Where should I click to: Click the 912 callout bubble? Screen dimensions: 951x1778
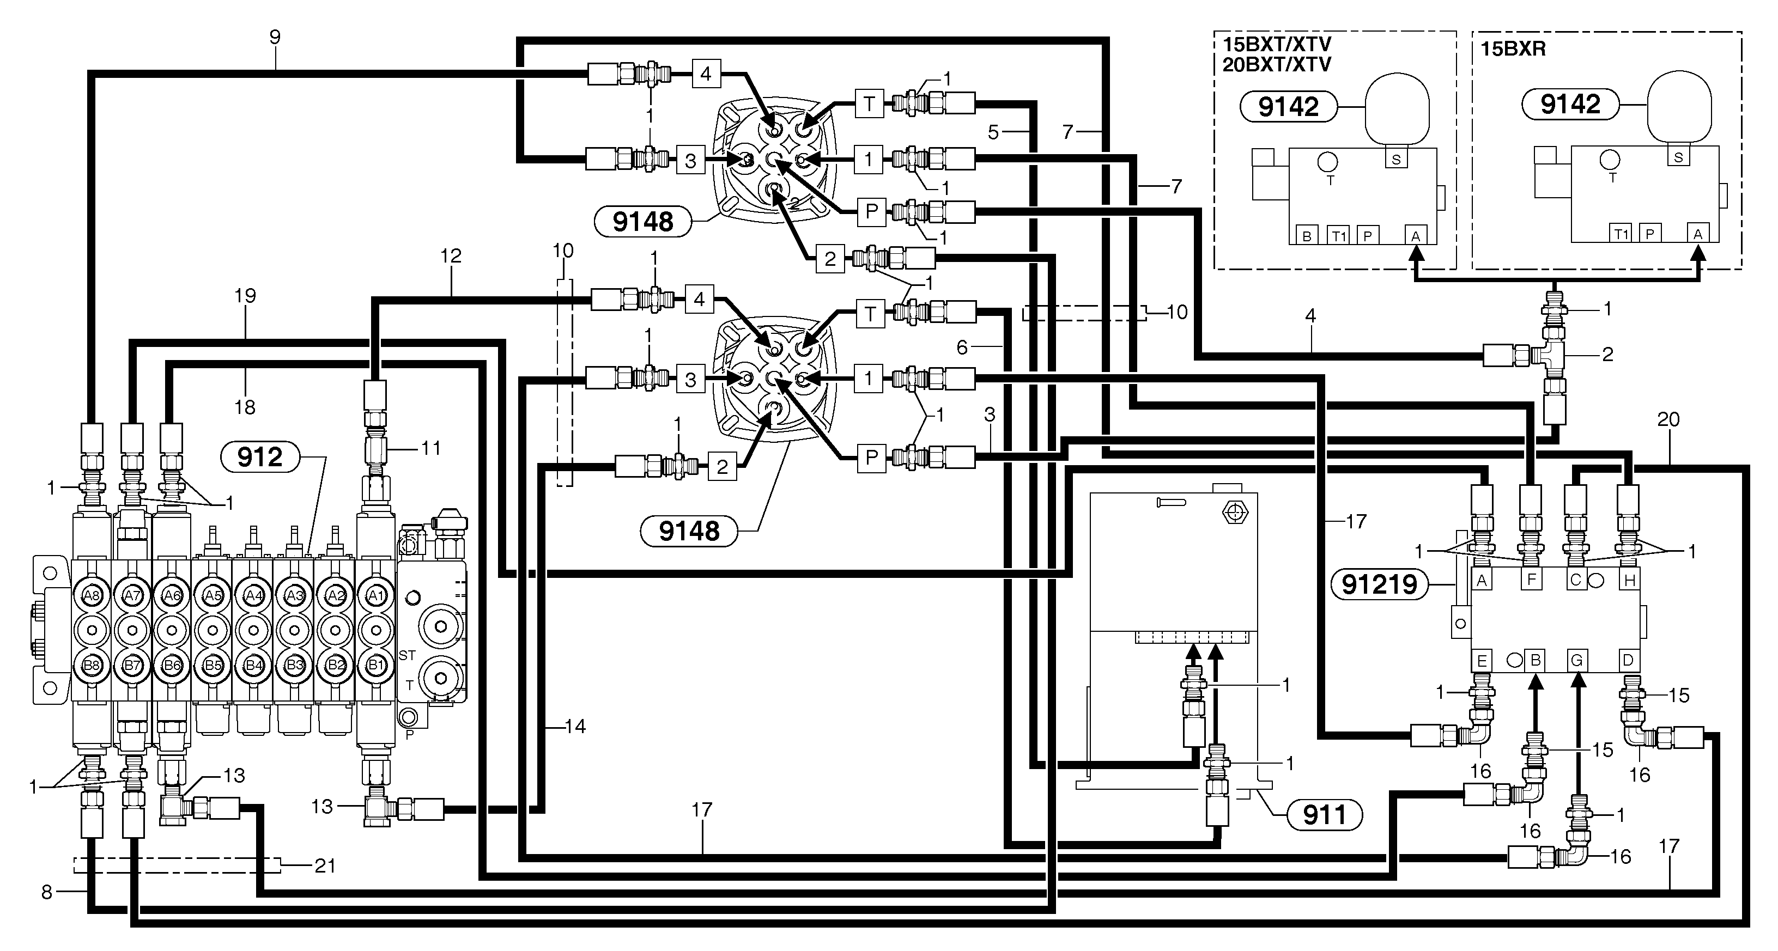point(259,457)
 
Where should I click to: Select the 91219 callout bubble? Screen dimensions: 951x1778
point(1379,584)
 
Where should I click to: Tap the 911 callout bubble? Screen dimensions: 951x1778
point(1324,815)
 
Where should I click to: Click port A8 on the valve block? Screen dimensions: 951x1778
point(91,595)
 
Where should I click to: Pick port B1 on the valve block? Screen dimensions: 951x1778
point(376,665)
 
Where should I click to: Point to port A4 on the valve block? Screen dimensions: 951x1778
point(254,595)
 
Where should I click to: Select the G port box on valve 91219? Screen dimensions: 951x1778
point(1576,661)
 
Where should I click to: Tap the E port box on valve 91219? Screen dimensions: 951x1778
point(1481,661)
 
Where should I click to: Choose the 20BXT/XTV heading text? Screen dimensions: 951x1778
point(1277,64)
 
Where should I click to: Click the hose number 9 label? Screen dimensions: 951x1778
point(275,37)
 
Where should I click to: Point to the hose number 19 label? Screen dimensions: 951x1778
point(245,295)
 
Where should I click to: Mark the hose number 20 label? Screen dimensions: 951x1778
point(1668,419)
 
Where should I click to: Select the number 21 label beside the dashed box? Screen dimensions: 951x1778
point(324,865)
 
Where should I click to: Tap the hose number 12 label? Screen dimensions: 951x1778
point(451,255)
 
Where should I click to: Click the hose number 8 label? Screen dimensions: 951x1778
point(46,892)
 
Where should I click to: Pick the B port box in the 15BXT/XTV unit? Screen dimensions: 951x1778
point(1306,236)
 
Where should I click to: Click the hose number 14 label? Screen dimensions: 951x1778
point(574,726)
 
